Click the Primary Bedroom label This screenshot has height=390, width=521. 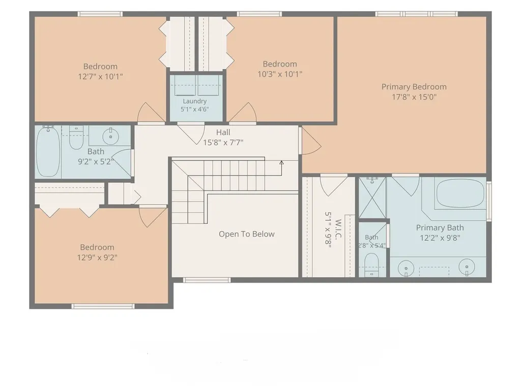[414, 87]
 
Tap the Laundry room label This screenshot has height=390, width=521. [195, 101]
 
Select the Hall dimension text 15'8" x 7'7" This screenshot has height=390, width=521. [223, 142]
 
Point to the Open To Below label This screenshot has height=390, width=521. [247, 234]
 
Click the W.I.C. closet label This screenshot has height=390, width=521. [338, 230]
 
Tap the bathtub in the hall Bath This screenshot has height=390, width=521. [48, 152]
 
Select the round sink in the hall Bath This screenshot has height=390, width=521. [110, 136]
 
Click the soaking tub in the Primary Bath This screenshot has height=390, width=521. [460, 193]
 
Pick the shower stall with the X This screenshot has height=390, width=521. [372, 198]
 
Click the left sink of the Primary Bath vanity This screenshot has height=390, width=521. [406, 267]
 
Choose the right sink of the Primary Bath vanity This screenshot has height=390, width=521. [467, 267]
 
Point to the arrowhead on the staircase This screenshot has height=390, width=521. [281, 163]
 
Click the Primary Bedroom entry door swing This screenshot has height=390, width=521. [311, 141]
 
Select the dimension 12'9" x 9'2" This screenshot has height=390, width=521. [97, 257]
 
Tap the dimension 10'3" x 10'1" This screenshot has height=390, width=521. [280, 74]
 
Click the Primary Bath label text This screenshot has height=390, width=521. [440, 228]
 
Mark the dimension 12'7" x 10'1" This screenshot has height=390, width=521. [100, 77]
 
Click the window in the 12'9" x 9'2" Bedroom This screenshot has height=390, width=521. [103, 306]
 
